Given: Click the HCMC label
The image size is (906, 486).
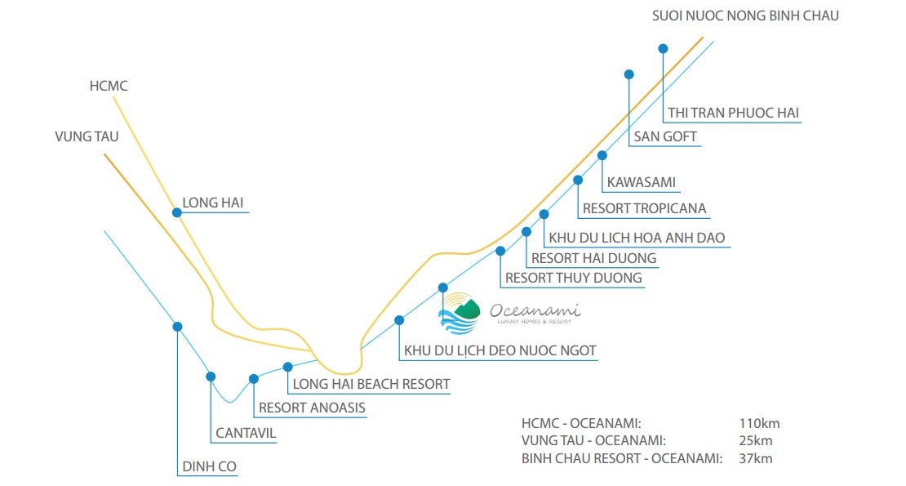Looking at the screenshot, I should pos(109,86).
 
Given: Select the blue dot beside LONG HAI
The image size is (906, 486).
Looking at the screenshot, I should pos(176,212).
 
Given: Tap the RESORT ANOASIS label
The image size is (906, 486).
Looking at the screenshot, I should pos(312,408).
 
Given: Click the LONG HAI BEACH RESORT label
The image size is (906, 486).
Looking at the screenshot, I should pos(371,384).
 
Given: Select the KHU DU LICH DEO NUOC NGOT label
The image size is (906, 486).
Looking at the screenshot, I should pos(500,351).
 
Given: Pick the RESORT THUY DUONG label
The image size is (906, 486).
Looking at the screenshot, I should pos(574,278).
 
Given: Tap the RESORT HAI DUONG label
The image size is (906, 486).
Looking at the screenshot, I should pos(593,258).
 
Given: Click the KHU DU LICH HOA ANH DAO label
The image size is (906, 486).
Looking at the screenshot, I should pos(637,238).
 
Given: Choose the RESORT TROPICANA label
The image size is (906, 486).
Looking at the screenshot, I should pos(645,208).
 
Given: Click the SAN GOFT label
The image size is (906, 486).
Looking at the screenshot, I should pos(666,136).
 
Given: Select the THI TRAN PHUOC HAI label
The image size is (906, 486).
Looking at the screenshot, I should pos(733,113).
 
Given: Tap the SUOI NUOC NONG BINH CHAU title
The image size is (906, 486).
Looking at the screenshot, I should pos(745,16).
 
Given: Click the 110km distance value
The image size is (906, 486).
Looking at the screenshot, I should pos(760,423).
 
